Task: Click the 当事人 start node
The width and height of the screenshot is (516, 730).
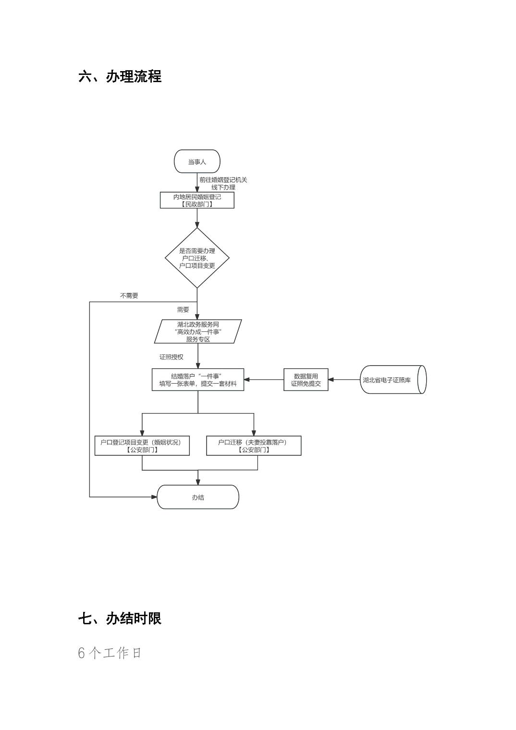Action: tap(197, 161)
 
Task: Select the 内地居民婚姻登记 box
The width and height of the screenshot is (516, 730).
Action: tap(197, 200)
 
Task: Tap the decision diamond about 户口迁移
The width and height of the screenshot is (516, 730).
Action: tap(197, 258)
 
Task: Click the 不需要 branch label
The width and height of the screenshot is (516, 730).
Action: tap(129, 296)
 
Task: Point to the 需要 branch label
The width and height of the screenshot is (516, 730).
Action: tap(183, 310)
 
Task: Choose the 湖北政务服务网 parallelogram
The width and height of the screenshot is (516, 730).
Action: tap(198, 331)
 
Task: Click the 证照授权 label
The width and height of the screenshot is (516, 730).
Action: tap(172, 357)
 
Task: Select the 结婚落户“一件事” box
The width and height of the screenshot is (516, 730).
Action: tap(198, 379)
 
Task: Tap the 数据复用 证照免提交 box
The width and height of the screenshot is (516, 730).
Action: tap(306, 379)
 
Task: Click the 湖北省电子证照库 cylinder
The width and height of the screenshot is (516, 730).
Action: tap(392, 379)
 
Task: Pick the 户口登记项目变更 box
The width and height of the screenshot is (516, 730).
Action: tap(142, 446)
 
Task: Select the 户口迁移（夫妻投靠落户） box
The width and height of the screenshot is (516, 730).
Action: tap(254, 446)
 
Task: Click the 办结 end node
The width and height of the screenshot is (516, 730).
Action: tap(198, 497)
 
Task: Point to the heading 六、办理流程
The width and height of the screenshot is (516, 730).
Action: tap(120, 76)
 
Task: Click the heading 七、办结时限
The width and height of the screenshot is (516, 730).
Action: tap(120, 618)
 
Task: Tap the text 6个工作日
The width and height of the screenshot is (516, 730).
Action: tap(110, 653)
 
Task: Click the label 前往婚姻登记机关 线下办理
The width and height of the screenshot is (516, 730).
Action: tap(223, 183)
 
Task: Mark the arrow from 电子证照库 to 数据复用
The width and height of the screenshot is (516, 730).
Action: tap(344, 379)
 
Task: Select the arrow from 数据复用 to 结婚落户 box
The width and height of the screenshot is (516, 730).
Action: tap(264, 379)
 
